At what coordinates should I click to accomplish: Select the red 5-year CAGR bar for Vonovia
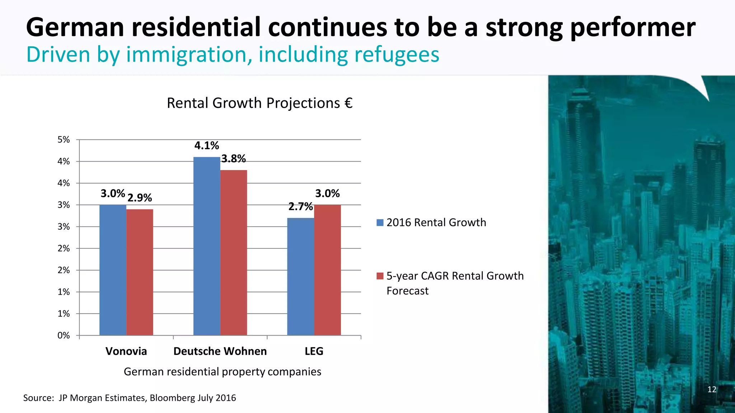(x=140, y=272)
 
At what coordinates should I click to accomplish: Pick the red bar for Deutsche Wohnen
(x=234, y=252)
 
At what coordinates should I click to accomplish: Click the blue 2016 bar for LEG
(x=301, y=276)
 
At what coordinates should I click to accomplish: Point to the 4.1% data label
(x=207, y=146)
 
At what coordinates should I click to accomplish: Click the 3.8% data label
(x=234, y=158)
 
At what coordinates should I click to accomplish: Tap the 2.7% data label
(x=301, y=206)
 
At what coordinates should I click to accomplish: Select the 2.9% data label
(x=140, y=198)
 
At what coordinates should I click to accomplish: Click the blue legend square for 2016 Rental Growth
(x=380, y=223)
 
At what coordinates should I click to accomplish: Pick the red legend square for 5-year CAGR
(x=380, y=276)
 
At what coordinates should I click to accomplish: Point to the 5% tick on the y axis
(x=64, y=140)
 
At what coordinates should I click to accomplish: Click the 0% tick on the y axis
(x=64, y=336)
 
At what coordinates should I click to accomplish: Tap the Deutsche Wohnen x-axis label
(x=220, y=351)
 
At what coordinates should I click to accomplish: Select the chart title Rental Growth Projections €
(x=260, y=103)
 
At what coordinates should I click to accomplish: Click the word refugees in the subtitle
(x=397, y=54)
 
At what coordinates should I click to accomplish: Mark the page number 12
(x=712, y=389)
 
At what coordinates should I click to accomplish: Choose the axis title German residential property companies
(x=223, y=372)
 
